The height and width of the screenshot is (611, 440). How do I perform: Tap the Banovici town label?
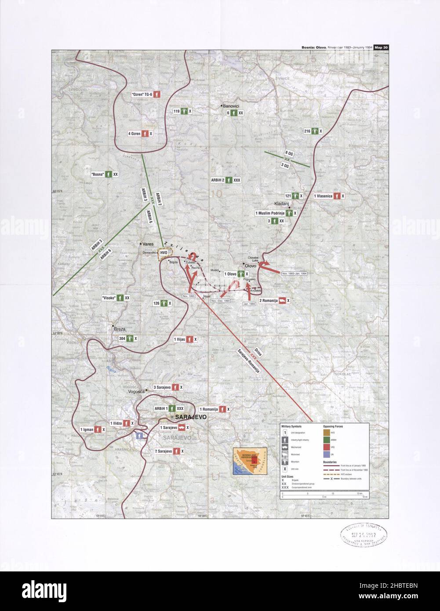(230, 106)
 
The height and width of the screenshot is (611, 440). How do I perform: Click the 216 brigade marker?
(313, 131)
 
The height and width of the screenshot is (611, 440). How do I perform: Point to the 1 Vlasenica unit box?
(328, 196)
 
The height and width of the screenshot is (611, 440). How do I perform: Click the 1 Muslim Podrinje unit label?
(276, 213)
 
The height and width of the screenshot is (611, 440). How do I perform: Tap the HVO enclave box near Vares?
(164, 253)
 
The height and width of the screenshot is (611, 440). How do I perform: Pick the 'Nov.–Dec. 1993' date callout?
(220, 301)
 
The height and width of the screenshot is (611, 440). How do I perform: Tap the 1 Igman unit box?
(92, 429)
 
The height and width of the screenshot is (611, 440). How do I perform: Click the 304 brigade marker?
(128, 338)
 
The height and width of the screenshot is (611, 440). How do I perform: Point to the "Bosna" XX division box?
(105, 174)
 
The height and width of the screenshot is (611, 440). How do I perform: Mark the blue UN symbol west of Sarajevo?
(140, 435)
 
